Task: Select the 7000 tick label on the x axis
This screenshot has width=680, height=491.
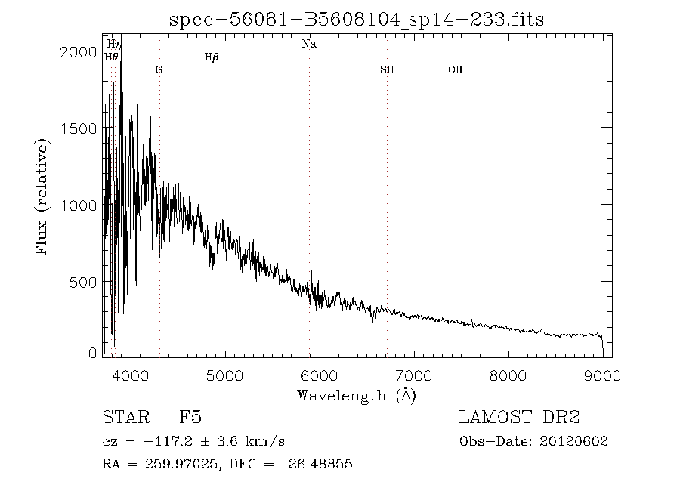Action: click(414, 375)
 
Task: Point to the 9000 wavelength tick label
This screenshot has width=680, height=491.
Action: click(603, 375)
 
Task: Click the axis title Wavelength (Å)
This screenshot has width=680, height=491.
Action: click(357, 394)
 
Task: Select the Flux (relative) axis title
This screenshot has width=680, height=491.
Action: click(44, 196)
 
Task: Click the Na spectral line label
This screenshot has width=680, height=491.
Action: click(309, 45)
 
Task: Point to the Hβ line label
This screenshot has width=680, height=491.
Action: click(212, 57)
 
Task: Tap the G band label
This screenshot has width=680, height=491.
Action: click(159, 69)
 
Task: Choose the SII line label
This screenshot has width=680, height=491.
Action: click(387, 69)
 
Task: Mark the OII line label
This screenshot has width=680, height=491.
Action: click(455, 69)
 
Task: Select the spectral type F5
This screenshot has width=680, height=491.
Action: click(190, 418)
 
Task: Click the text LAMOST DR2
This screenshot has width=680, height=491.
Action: click(520, 418)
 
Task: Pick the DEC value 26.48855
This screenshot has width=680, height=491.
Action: click(320, 464)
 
